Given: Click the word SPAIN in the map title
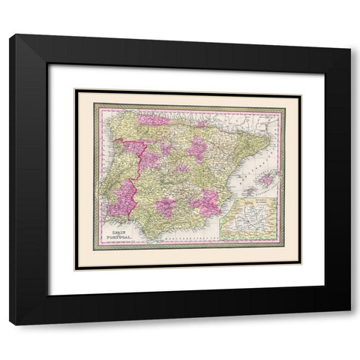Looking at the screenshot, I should point(119,233).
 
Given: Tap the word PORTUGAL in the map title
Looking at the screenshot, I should point(120,239).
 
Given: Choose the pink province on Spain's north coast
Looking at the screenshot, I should point(154,118).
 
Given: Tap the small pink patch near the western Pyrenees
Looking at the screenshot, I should point(200,124).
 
